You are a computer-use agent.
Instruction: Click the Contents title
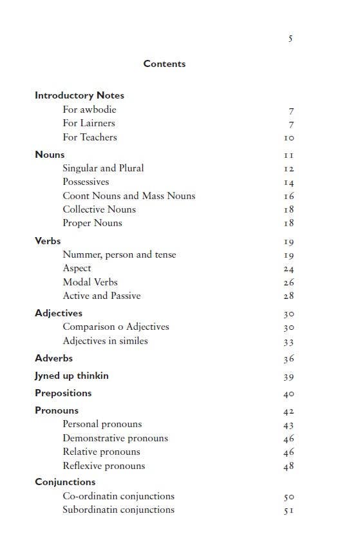[164, 64]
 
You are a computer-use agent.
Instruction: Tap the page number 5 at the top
[290, 39]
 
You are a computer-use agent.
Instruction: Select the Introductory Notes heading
[79, 95]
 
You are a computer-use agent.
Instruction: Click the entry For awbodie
[90, 110]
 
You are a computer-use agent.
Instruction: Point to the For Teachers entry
[90, 137]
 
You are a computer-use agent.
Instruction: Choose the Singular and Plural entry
[103, 168]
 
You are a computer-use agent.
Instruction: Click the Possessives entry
[86, 182]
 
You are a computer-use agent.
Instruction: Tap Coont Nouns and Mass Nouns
[129, 196]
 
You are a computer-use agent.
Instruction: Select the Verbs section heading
[48, 241]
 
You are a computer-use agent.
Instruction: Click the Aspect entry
[77, 268]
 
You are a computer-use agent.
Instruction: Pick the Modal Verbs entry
[90, 282]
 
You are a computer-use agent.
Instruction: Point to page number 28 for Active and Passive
[289, 296]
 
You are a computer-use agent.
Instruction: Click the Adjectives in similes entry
[105, 341]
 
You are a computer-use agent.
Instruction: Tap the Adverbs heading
[53, 358]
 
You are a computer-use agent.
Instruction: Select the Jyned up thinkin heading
[71, 376]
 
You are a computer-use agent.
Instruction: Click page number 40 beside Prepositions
[289, 394]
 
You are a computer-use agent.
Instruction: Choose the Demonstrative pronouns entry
[115, 438]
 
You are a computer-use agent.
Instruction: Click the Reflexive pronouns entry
[104, 466]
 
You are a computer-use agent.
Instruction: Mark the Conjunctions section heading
[65, 482]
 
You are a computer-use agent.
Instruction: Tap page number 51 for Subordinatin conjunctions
[289, 511]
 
